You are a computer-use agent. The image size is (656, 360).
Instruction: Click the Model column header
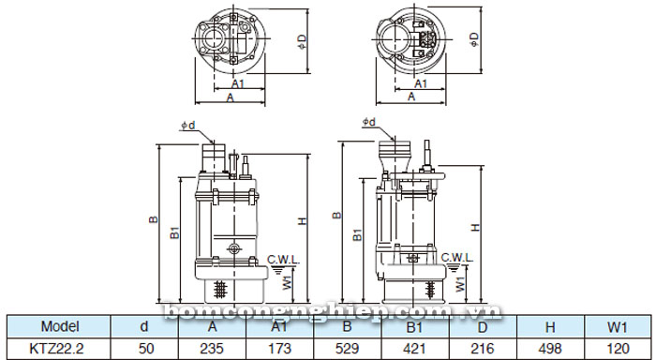(58, 327)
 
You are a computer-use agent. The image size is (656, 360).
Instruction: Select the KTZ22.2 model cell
(58, 348)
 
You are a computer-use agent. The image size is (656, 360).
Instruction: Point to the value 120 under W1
(617, 348)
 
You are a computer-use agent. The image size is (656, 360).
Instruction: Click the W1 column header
(617, 327)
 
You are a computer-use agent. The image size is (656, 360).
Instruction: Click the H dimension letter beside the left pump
(302, 221)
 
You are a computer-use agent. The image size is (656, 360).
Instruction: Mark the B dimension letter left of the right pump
(335, 216)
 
